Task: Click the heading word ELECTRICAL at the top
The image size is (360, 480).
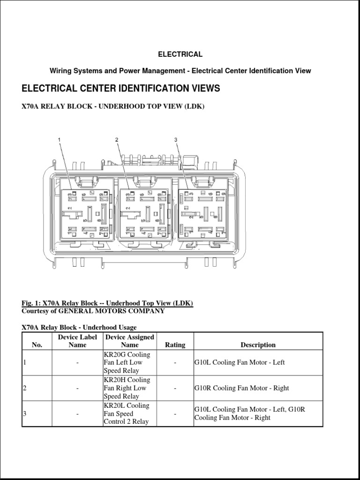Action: coord(180,54)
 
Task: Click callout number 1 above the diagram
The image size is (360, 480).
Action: coord(60,140)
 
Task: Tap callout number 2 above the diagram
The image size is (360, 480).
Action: coord(117,140)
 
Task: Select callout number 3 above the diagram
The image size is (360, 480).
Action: coord(176,140)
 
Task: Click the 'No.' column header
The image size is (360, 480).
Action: coord(37,345)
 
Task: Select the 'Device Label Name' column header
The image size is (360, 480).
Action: coord(77,341)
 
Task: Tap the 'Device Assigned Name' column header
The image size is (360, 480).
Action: coord(129,341)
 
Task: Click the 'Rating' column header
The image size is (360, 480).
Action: coord(175,345)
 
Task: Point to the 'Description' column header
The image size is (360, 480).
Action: coord(258,345)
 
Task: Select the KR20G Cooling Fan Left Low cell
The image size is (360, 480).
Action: coord(126,362)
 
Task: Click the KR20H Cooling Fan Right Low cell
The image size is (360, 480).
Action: coord(126,388)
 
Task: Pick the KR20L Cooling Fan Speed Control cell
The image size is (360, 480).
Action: coord(126,413)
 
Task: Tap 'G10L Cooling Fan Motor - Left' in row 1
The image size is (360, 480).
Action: coord(240,362)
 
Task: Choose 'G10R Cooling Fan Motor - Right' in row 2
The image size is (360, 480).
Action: coord(241,388)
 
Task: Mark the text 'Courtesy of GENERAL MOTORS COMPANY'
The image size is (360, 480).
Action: coord(93,311)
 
